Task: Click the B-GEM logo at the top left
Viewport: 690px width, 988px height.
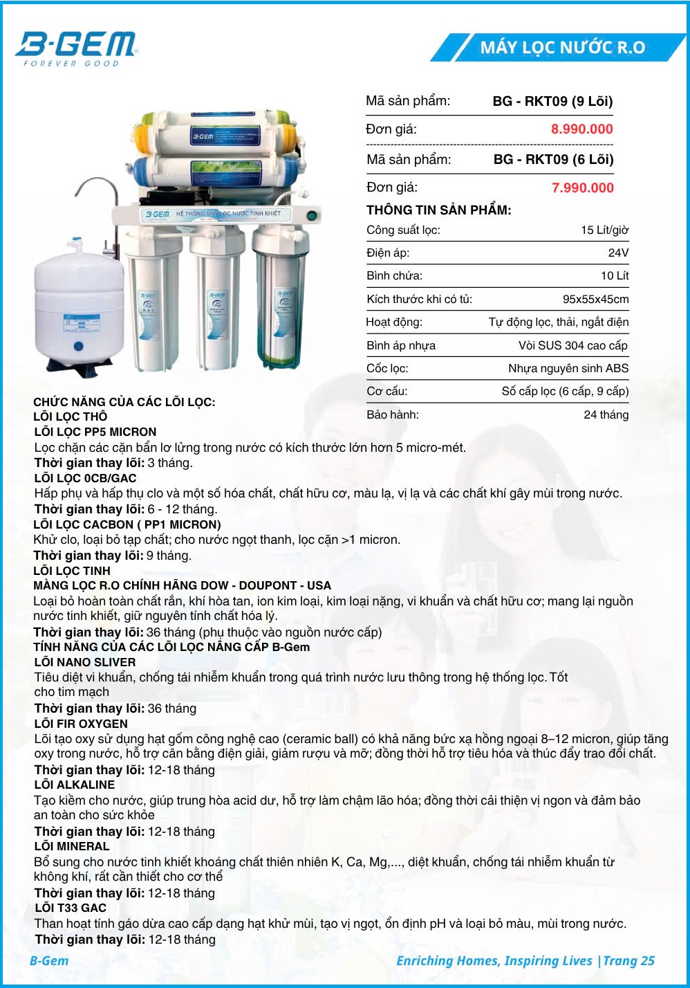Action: click(x=76, y=47)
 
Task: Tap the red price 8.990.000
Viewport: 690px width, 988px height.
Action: click(x=581, y=129)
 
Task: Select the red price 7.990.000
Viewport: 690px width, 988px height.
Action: click(x=582, y=187)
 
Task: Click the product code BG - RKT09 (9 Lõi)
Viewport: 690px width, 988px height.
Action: click(x=552, y=101)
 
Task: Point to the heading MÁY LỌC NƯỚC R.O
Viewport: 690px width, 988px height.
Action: click(x=562, y=47)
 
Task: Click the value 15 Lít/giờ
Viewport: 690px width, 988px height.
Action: click(x=604, y=230)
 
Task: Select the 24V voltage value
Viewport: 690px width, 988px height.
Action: click(x=618, y=253)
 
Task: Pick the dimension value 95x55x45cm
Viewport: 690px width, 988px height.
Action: click(x=595, y=299)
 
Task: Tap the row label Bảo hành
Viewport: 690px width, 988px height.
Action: click(x=392, y=414)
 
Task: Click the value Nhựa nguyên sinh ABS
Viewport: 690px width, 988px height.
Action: click(x=568, y=368)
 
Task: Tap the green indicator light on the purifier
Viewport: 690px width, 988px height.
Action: click(x=312, y=216)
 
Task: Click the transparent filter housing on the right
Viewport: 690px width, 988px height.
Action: click(x=280, y=298)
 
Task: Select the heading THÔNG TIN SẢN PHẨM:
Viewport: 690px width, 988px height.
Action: click(x=438, y=210)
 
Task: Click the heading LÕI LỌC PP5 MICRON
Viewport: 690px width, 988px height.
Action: click(x=95, y=432)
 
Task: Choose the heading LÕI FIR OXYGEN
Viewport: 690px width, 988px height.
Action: click(x=81, y=724)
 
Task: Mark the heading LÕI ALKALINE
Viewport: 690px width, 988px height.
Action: click(x=75, y=785)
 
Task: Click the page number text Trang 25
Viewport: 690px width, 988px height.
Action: click(x=628, y=960)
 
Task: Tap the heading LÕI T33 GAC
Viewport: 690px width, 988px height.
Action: click(x=71, y=908)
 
